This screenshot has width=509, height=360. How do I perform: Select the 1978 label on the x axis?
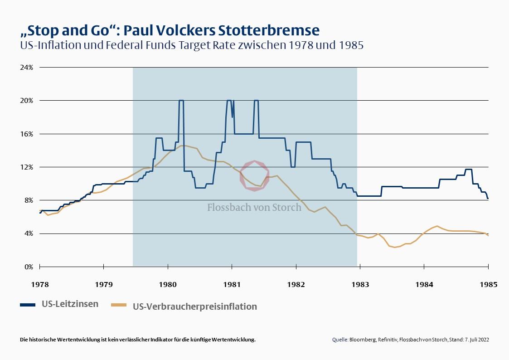click(x=40, y=284)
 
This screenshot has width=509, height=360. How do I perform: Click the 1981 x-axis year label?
click(x=232, y=284)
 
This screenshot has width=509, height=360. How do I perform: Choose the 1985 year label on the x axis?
click(x=488, y=284)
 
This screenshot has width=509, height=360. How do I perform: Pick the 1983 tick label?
click(x=360, y=284)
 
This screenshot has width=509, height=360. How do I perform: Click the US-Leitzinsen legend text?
click(x=70, y=304)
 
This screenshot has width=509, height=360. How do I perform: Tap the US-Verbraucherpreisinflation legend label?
click(x=195, y=306)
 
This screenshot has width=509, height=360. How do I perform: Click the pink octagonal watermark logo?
click(x=254, y=175)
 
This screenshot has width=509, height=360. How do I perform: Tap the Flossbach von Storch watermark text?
click(x=254, y=207)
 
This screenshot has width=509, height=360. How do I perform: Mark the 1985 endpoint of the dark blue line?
click(x=488, y=198)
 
